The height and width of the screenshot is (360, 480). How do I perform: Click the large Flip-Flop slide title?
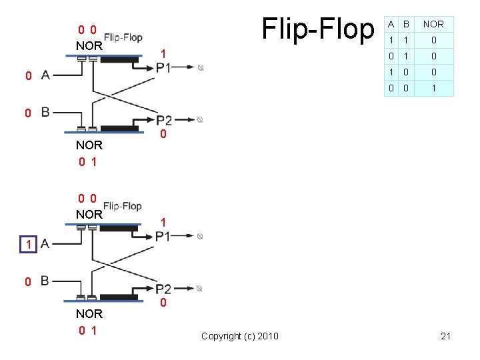[x=319, y=29]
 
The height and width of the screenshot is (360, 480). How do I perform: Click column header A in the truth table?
[x=391, y=24]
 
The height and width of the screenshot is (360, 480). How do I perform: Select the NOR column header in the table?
[x=433, y=24]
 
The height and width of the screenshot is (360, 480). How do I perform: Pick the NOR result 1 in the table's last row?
[x=433, y=88]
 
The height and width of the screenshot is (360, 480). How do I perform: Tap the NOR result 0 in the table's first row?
[x=433, y=40]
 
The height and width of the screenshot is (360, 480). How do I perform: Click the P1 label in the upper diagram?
[x=163, y=67]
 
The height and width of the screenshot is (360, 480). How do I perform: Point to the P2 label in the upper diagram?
[x=164, y=120]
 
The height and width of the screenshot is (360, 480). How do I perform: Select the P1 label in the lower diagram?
[x=163, y=236]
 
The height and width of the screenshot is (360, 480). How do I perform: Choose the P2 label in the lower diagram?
[x=164, y=289]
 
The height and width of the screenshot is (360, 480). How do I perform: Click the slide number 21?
[x=446, y=336]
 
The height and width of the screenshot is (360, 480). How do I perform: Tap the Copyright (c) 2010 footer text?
[x=240, y=336]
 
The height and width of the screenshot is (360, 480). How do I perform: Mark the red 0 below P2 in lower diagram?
[x=164, y=304]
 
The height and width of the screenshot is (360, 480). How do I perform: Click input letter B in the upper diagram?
[x=45, y=112]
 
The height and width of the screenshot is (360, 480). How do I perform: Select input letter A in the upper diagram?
[x=45, y=75]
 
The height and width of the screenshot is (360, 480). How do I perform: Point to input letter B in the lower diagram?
[x=45, y=281]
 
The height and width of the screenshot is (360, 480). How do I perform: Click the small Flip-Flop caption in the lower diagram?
[x=123, y=206]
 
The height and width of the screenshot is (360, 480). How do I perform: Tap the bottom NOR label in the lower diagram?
[x=89, y=313]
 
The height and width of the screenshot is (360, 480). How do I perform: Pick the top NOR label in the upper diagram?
[x=89, y=46]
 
